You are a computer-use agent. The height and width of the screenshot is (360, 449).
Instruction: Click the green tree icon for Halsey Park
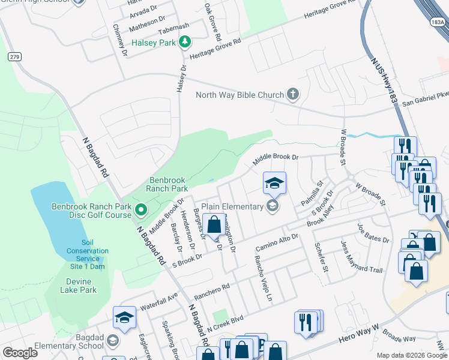coord(186,41)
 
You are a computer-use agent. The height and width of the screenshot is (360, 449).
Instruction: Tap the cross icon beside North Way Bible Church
coord(292,94)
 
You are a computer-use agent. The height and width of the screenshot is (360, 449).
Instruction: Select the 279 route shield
coord(15,56)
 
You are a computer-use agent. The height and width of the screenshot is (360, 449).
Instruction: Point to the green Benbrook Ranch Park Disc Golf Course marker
coord(140,210)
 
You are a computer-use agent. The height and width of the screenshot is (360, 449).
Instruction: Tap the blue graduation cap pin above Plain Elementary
coord(274,183)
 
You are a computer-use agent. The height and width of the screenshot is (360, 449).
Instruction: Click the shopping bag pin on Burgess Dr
coord(214,226)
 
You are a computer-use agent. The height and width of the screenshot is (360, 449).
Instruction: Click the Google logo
coord(20,352)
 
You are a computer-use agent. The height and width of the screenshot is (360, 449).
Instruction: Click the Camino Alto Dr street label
coord(276,243)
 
